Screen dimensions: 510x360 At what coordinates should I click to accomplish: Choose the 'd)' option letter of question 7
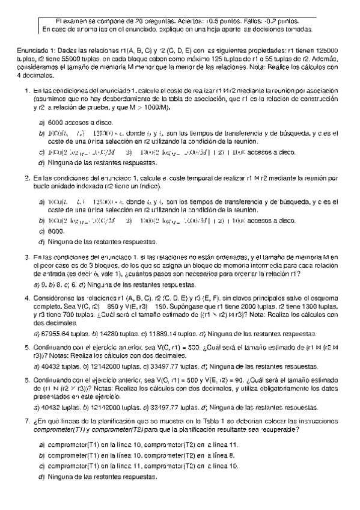41,477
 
